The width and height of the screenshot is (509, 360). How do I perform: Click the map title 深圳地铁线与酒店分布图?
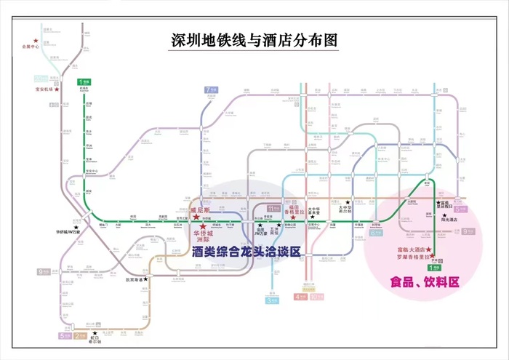pyautogui.click(x=254, y=40)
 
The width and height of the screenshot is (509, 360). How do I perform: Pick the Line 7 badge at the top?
pyautogui.click(x=211, y=89)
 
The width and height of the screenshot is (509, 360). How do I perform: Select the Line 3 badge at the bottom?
pyautogui.click(x=272, y=300)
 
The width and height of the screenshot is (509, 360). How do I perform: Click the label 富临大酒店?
pyautogui.click(x=405, y=249)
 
